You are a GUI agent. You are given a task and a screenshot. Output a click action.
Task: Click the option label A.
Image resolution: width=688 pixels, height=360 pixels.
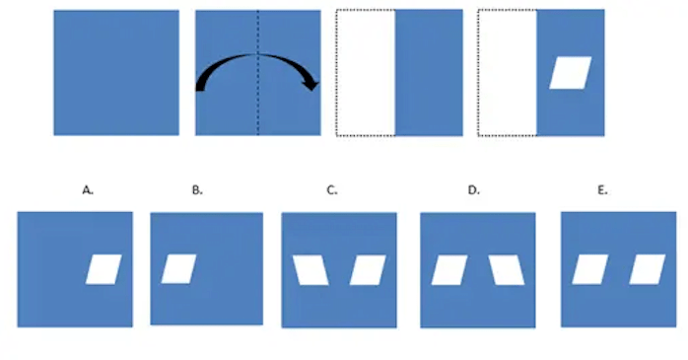tap(88, 190)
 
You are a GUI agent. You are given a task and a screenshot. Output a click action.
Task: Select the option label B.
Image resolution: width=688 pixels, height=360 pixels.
tap(197, 190)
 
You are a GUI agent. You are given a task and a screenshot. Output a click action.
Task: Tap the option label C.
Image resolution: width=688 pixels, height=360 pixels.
tap(332, 190)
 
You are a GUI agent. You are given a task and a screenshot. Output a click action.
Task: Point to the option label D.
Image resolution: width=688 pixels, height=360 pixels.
tap(474, 190)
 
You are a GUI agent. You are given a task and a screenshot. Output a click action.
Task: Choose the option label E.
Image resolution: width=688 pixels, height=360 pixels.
tap(602, 190)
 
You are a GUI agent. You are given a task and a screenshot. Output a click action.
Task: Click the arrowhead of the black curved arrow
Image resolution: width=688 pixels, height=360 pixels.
tap(312, 83)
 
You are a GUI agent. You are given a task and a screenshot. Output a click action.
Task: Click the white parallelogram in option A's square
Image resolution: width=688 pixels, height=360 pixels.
tap(103, 269)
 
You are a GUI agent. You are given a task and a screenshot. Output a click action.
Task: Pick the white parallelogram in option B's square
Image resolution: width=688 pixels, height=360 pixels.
tap(178, 268)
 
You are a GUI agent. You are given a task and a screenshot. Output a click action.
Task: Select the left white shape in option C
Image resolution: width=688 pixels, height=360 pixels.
tap(310, 270)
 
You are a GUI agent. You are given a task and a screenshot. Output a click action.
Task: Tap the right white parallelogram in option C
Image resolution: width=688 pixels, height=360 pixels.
tap(368, 270)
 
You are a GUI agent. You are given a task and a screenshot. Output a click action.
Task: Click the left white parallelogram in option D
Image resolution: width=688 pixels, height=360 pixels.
tap(449, 270)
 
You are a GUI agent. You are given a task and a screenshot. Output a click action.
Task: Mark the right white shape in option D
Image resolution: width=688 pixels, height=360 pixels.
tap(507, 270)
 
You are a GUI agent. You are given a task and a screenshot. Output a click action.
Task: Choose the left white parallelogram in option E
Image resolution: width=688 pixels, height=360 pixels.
tap(590, 269)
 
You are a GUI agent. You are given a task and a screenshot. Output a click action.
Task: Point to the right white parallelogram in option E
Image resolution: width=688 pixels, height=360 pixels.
tap(648, 269)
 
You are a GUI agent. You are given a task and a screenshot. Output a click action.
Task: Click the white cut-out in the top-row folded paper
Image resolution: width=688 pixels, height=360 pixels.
tap(571, 73)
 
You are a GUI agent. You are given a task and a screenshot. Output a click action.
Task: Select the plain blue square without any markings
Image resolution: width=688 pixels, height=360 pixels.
tap(116, 72)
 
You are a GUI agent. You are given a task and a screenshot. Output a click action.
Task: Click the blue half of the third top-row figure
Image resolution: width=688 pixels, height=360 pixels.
tap(429, 72)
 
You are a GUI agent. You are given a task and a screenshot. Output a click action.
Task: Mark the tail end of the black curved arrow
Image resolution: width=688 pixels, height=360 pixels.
tap(200, 88)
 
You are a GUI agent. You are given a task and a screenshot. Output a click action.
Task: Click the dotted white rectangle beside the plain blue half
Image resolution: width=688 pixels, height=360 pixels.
tap(366, 72)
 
